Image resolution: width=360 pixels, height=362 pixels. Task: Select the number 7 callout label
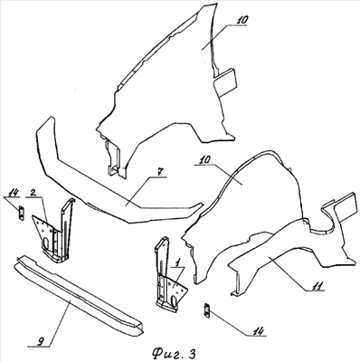point(160,172)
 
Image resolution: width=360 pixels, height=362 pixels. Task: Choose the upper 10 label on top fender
point(242,20)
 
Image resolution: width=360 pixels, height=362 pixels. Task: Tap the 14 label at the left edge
point(14,192)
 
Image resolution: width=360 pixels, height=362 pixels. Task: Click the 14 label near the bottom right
point(259,330)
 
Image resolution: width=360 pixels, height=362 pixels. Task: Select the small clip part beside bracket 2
point(21,213)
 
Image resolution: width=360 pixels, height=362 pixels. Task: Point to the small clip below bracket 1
point(206,310)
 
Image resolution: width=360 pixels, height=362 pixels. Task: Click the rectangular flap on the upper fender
point(225,82)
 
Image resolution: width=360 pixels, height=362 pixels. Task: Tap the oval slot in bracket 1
point(174,302)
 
